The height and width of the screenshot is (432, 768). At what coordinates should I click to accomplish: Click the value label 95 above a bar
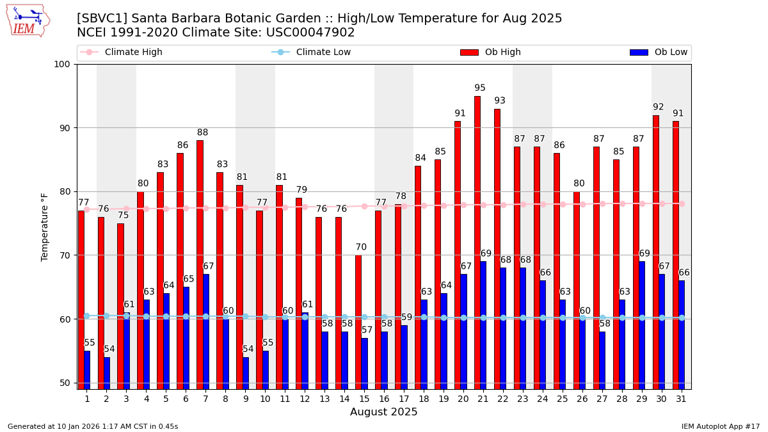[x=480, y=88]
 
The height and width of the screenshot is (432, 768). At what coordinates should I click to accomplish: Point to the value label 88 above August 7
[x=202, y=133]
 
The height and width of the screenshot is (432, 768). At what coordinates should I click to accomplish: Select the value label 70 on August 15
[x=361, y=248]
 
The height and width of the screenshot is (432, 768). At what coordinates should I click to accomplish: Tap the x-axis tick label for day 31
[x=681, y=399]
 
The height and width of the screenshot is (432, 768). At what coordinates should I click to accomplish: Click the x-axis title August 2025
[x=383, y=413]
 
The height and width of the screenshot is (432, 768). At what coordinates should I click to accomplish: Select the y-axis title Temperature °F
[x=45, y=227]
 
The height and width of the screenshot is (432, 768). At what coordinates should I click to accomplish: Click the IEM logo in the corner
[x=28, y=20]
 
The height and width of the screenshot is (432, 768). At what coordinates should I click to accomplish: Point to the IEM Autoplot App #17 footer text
[x=720, y=426]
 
